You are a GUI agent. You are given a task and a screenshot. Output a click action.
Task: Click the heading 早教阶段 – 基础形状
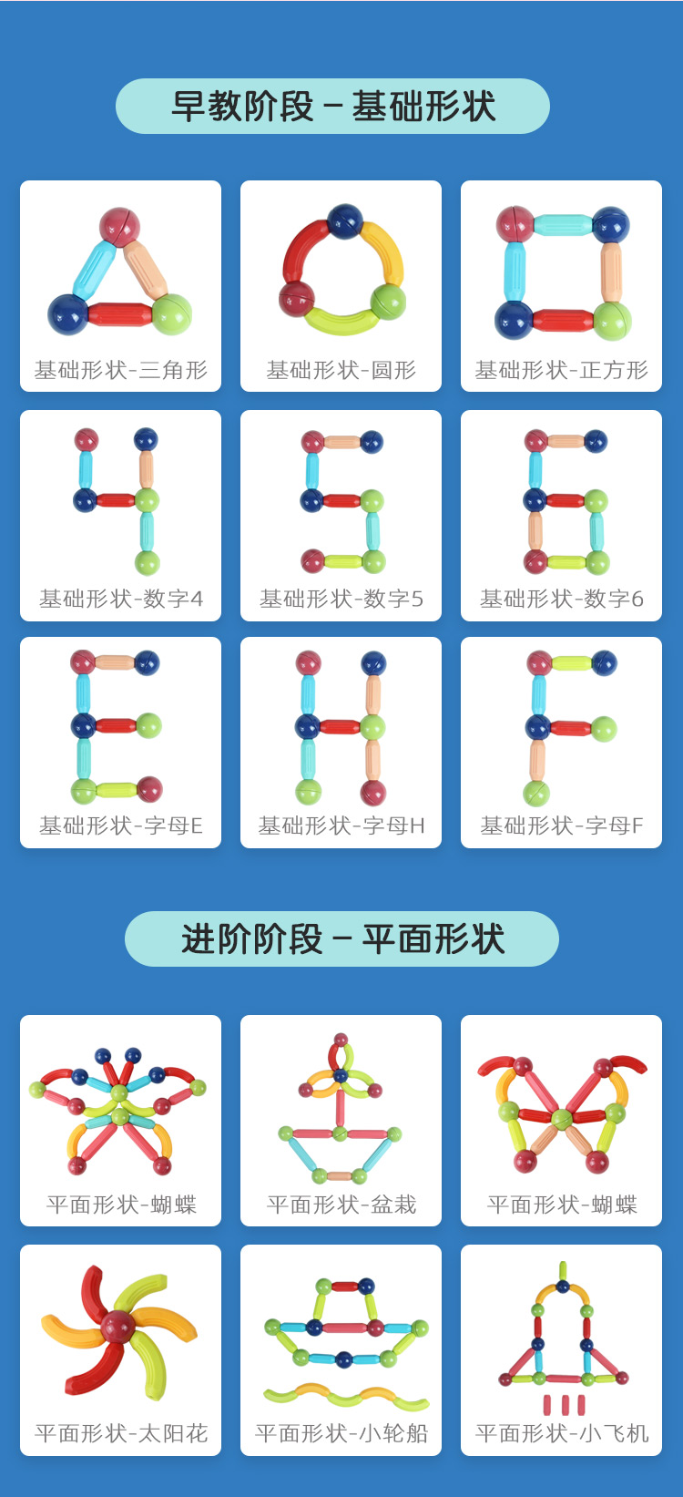(x=332, y=107)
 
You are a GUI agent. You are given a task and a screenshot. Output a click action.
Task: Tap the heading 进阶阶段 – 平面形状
(x=341, y=939)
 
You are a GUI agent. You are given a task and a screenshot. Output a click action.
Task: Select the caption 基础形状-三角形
(x=121, y=370)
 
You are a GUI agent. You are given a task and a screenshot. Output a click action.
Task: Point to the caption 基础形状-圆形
(x=341, y=370)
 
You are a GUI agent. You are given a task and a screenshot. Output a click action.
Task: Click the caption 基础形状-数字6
(x=561, y=599)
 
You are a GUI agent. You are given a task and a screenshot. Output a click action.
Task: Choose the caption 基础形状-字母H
(x=341, y=826)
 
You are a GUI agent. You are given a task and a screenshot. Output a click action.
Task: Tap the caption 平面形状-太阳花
(x=121, y=1434)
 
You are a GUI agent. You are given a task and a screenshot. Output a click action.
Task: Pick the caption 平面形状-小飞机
(x=561, y=1434)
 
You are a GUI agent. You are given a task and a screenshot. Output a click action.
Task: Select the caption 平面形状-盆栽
(x=341, y=1205)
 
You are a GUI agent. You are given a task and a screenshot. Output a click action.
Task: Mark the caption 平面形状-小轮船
(x=341, y=1434)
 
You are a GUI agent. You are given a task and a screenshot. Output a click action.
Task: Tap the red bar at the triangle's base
(x=119, y=315)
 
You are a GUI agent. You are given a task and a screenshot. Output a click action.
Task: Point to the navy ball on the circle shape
(x=344, y=221)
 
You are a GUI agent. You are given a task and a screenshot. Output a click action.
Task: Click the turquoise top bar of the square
(x=562, y=224)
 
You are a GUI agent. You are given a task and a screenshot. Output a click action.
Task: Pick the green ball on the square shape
(x=612, y=320)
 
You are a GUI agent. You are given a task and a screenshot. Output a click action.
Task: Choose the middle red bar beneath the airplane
(x=564, y=1404)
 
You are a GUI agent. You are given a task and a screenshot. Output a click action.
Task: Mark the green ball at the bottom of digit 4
(x=147, y=562)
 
